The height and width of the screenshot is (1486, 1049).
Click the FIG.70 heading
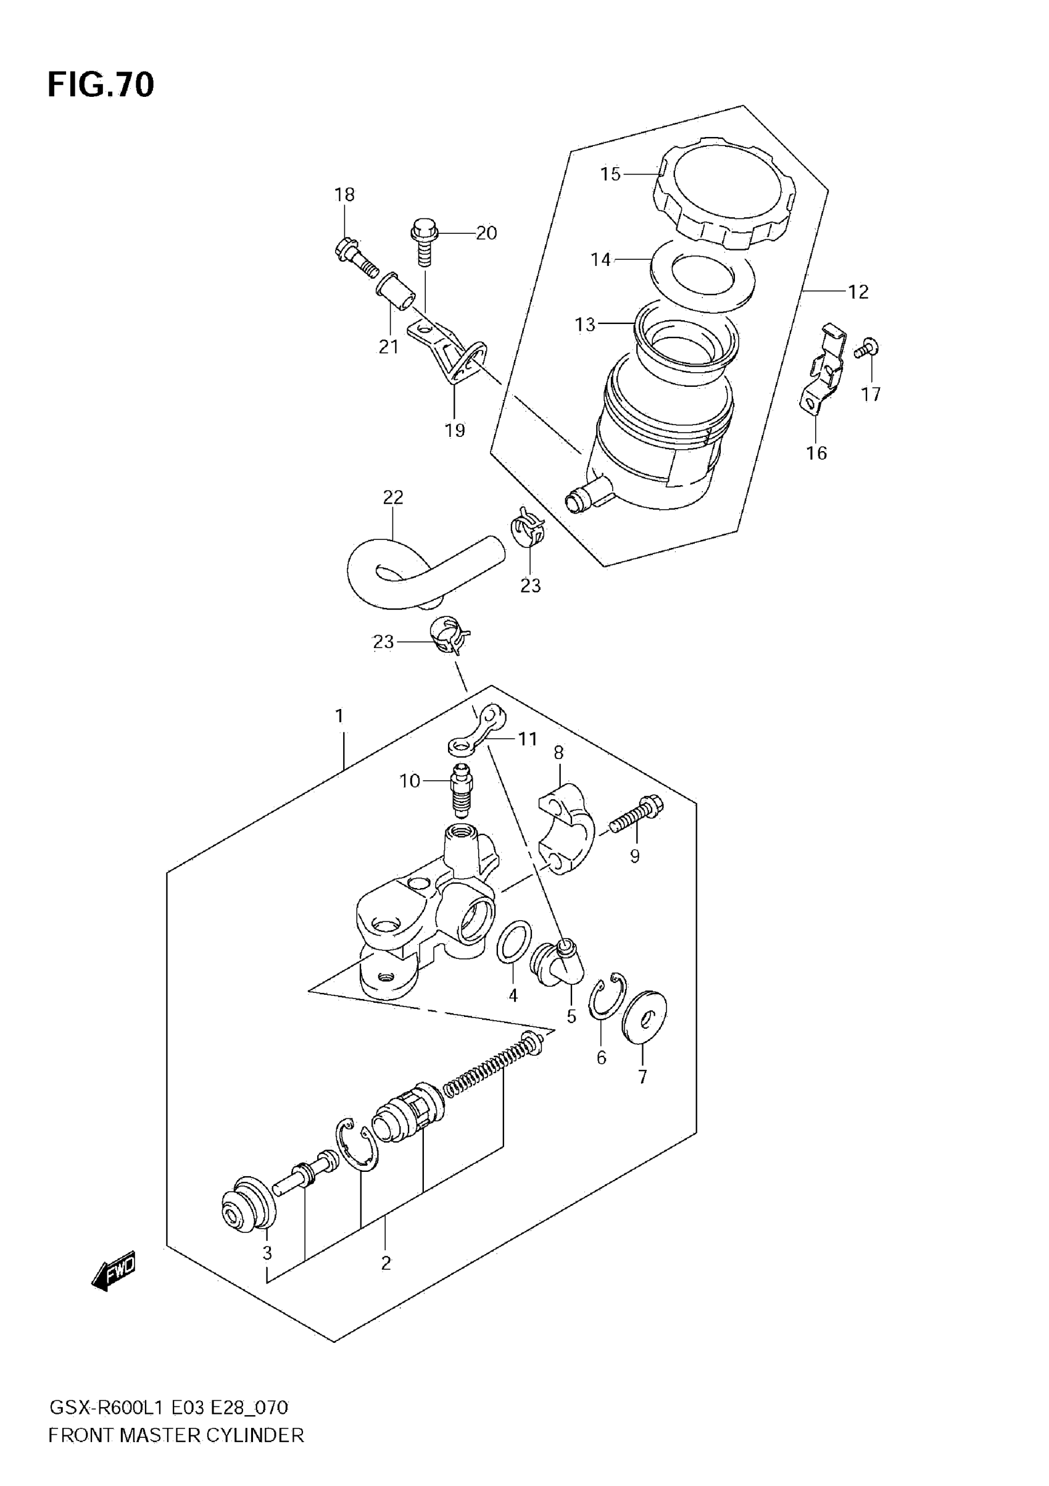(101, 85)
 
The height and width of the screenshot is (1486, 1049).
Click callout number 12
(858, 292)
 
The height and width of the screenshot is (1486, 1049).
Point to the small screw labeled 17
(864, 349)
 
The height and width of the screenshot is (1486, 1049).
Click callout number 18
(344, 194)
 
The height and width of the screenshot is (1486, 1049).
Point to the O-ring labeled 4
(514, 942)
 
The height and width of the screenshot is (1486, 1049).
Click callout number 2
(386, 1263)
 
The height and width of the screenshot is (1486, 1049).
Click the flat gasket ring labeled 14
(702, 274)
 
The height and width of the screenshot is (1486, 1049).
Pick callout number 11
(528, 739)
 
